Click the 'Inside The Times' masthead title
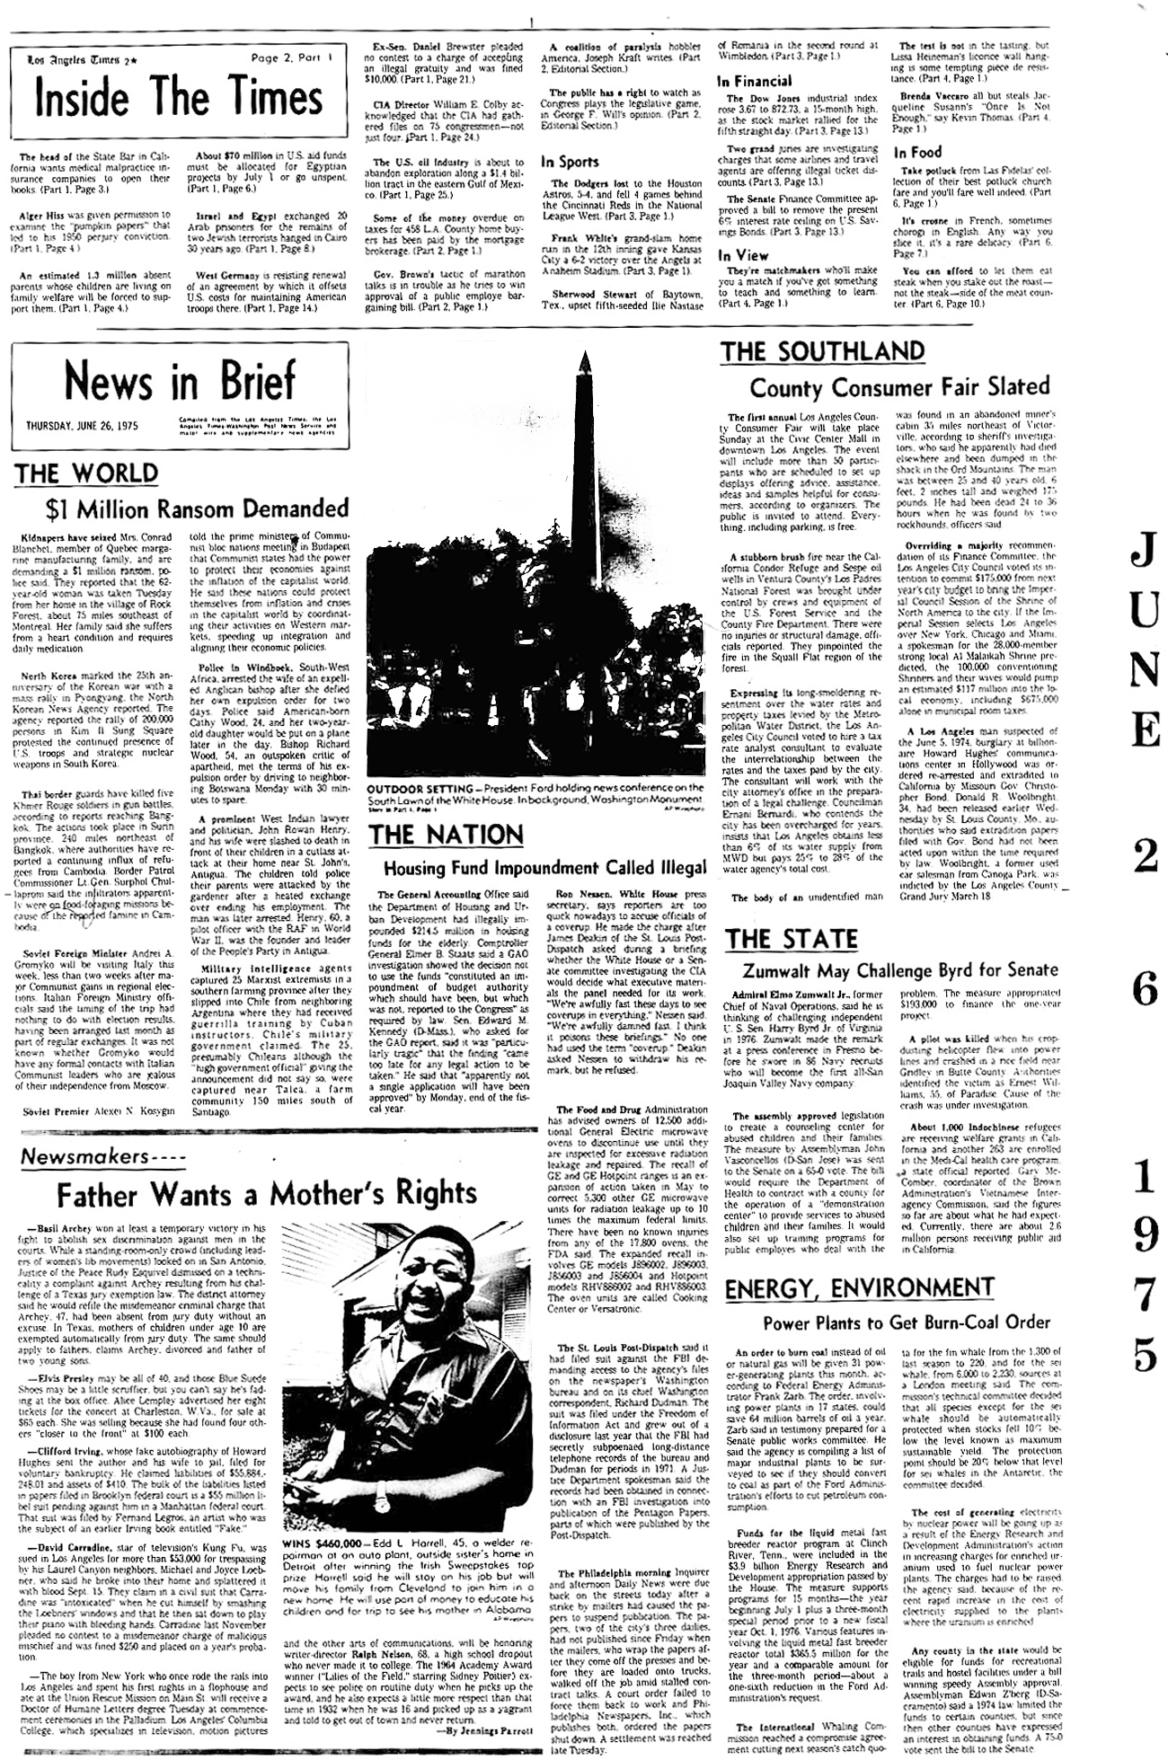pos(178,99)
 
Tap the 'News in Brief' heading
pos(179,380)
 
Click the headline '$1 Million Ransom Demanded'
pos(197,509)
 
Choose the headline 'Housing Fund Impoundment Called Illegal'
pos(544,868)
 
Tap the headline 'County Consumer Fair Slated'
pos(899,387)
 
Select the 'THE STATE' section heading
pos(792,939)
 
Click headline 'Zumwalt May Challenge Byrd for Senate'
pos(898,969)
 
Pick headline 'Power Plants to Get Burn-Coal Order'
pos(906,1322)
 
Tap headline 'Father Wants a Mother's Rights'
pos(267,1194)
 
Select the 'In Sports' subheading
pos(570,162)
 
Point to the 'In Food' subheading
pos(917,153)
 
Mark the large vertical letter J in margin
pos(1144,554)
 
